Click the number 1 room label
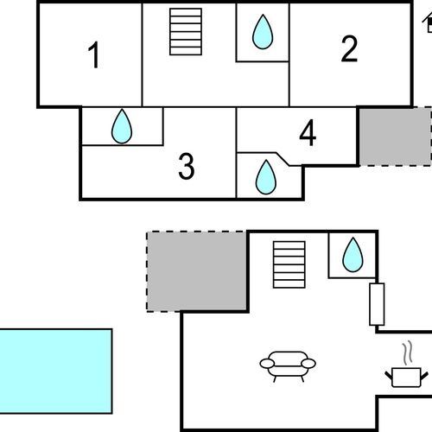pyautogui.click(x=94, y=55)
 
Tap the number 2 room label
pyautogui.click(x=349, y=48)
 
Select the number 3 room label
pyautogui.click(x=187, y=166)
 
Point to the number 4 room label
pyautogui.click(x=308, y=133)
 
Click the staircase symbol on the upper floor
pyautogui.click(x=186, y=32)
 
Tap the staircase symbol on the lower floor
pyautogui.click(x=289, y=264)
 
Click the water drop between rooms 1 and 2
pyautogui.click(x=263, y=32)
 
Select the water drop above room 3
pyautogui.click(x=122, y=126)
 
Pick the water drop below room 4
pyautogui.click(x=266, y=177)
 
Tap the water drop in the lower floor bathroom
pyautogui.click(x=353, y=255)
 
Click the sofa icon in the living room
pyautogui.click(x=288, y=366)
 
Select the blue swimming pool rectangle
pyautogui.click(x=55, y=372)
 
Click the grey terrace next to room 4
pyautogui.click(x=395, y=137)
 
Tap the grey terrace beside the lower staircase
pyautogui.click(x=197, y=271)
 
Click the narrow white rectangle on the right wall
pyautogui.click(x=377, y=304)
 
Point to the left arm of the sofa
pyautogui.click(x=267, y=364)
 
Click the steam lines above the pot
pyautogui.click(x=408, y=353)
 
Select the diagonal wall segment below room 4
pyautogui.click(x=283, y=159)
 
